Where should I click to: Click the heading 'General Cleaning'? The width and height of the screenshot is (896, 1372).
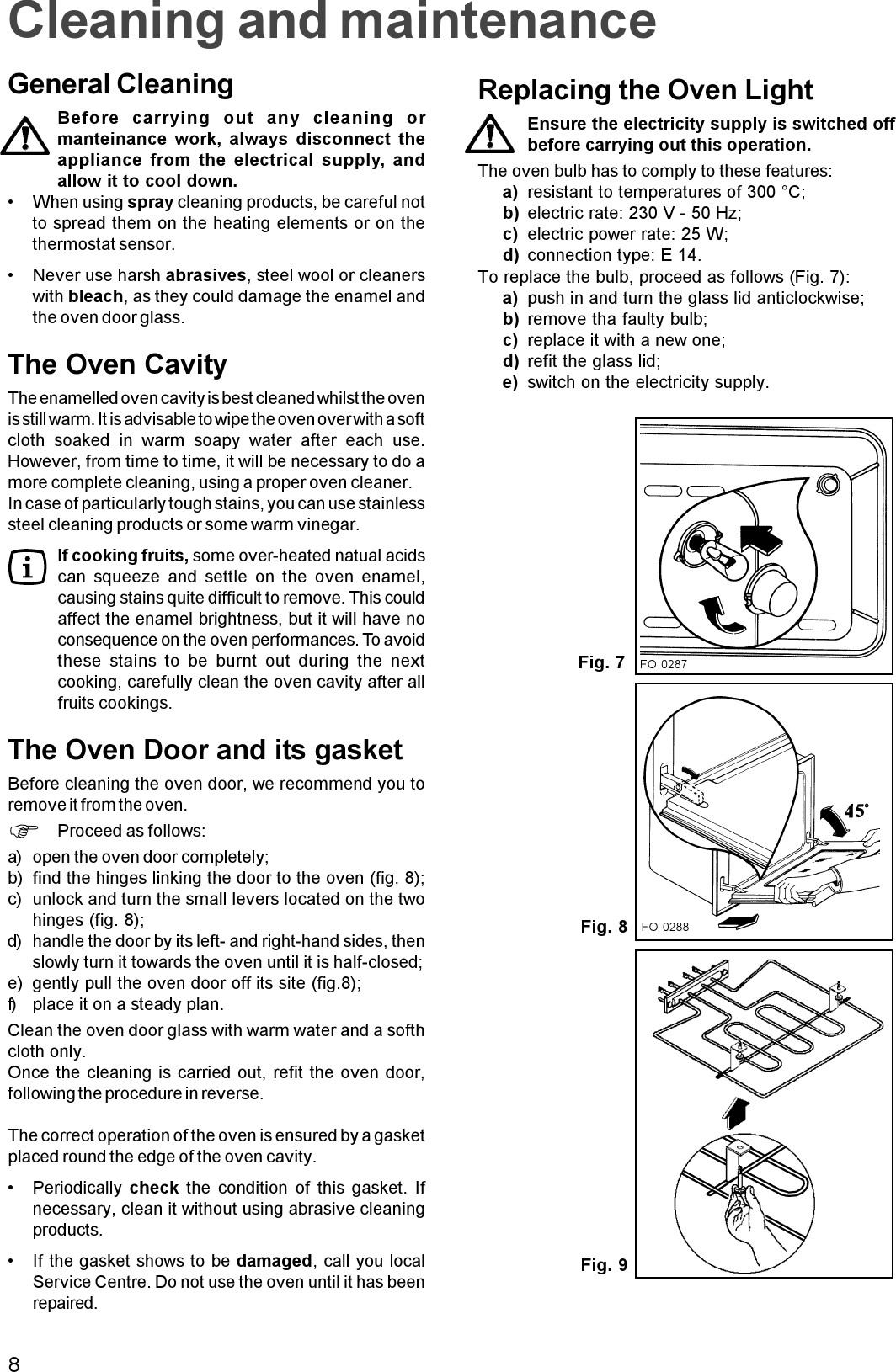click(x=120, y=85)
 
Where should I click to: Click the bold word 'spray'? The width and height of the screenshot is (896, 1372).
click(x=150, y=203)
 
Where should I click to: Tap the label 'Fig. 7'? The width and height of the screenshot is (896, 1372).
click(x=601, y=663)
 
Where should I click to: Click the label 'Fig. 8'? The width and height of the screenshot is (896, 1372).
click(x=604, y=927)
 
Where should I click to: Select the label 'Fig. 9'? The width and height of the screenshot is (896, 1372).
click(x=604, y=1265)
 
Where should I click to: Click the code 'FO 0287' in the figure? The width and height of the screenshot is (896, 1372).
click(x=664, y=665)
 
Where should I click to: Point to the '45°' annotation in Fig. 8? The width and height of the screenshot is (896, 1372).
click(x=855, y=811)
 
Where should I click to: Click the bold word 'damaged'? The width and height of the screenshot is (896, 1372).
click(x=274, y=1262)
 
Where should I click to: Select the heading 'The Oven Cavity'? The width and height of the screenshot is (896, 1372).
click(x=117, y=365)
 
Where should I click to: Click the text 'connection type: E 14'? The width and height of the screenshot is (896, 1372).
click(x=614, y=255)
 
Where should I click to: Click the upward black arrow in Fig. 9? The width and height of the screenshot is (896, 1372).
click(x=737, y=1114)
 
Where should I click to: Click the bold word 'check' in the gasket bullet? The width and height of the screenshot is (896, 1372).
click(x=153, y=1189)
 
